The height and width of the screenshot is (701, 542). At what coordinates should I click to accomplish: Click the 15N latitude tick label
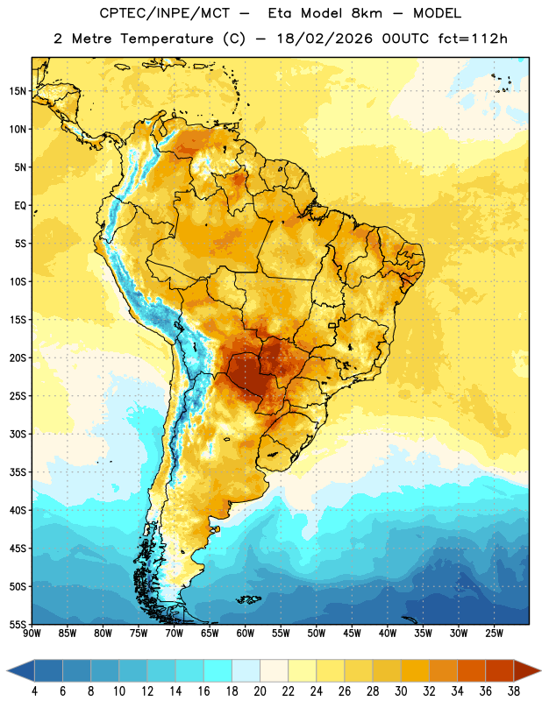(x=18, y=91)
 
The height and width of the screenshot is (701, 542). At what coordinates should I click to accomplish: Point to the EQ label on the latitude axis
(x=20, y=206)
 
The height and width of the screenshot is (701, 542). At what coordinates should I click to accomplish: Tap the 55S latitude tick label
(x=18, y=624)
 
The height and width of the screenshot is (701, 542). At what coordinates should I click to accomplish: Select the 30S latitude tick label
(x=18, y=434)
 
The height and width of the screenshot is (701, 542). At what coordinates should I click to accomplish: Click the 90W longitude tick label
(x=32, y=634)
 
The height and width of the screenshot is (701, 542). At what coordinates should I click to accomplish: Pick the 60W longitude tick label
(x=246, y=634)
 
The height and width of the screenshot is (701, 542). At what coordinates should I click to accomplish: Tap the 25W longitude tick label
(x=494, y=634)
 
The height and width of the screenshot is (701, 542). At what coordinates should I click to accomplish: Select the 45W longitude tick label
(x=352, y=634)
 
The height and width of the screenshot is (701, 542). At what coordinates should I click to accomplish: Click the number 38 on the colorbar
(x=514, y=691)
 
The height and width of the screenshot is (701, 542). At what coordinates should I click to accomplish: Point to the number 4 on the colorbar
(x=34, y=691)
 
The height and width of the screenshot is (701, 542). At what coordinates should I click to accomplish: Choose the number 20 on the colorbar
(x=260, y=691)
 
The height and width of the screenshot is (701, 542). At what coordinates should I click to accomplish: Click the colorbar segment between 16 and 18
(x=218, y=670)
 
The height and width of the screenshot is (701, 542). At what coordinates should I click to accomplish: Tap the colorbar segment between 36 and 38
(x=500, y=670)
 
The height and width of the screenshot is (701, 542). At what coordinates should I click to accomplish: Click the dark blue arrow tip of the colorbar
(x=20, y=670)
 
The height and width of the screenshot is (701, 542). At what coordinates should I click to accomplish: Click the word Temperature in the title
(x=167, y=39)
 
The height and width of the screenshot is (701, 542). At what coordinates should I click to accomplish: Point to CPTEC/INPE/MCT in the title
(x=164, y=13)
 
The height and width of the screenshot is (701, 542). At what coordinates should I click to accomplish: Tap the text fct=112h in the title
(x=473, y=39)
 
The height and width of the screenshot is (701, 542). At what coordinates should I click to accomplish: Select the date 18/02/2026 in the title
(x=324, y=39)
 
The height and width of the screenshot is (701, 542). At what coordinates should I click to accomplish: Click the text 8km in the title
(x=367, y=13)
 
